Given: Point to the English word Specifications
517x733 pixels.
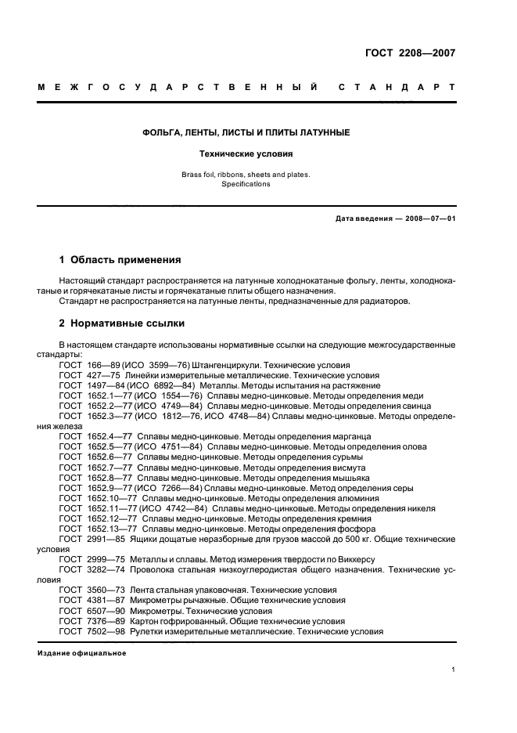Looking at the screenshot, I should coord(245,184).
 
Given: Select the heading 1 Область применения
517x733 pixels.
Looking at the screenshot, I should coord(120,259).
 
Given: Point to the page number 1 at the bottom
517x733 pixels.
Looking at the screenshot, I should coord(453,670).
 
